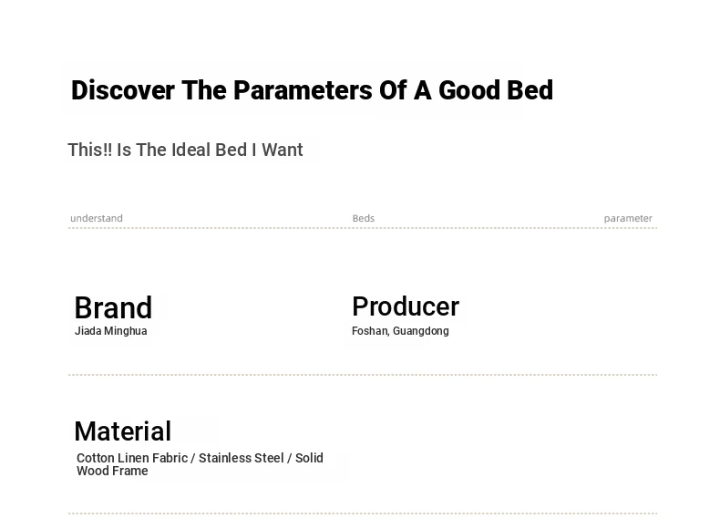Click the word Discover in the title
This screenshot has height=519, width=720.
(x=123, y=90)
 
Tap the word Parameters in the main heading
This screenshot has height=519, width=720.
(x=303, y=90)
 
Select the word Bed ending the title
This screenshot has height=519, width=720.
(x=530, y=90)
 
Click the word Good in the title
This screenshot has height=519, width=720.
(x=469, y=90)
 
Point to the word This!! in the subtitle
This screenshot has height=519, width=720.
(x=89, y=150)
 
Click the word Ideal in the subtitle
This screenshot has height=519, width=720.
(x=189, y=150)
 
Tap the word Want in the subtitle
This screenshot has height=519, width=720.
(x=283, y=150)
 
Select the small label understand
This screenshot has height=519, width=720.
(x=97, y=218)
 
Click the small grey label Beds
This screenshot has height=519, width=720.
(x=364, y=218)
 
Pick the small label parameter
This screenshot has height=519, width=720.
(x=628, y=219)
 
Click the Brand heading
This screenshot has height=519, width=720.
(x=113, y=307)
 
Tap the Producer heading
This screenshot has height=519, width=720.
(x=406, y=306)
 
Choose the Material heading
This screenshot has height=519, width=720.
(x=123, y=431)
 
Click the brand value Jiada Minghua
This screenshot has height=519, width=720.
(x=110, y=331)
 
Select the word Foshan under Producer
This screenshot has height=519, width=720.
(x=371, y=331)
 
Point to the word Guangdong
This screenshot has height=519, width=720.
(x=421, y=331)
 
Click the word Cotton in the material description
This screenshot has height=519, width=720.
(x=96, y=458)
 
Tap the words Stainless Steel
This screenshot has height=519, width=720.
(x=242, y=458)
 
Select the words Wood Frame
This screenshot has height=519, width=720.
(x=112, y=471)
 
